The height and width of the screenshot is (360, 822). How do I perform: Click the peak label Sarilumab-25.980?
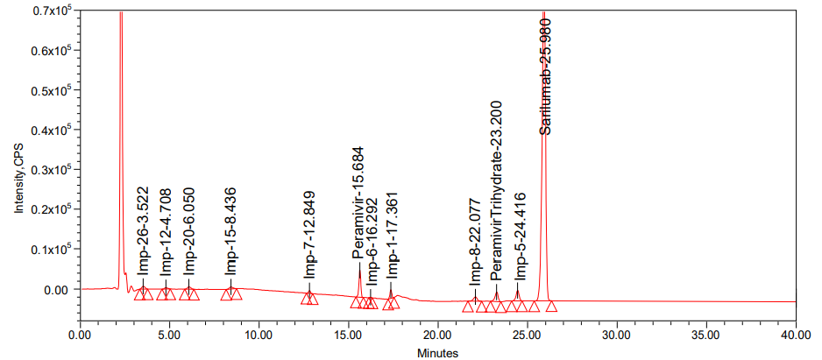coord(545,76)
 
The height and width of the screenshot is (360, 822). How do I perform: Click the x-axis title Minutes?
coord(437,354)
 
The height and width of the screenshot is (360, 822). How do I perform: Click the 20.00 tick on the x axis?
coord(437,335)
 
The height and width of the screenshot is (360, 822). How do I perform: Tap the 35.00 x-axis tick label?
coord(705,335)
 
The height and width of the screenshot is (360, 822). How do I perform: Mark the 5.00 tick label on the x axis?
coord(169,335)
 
